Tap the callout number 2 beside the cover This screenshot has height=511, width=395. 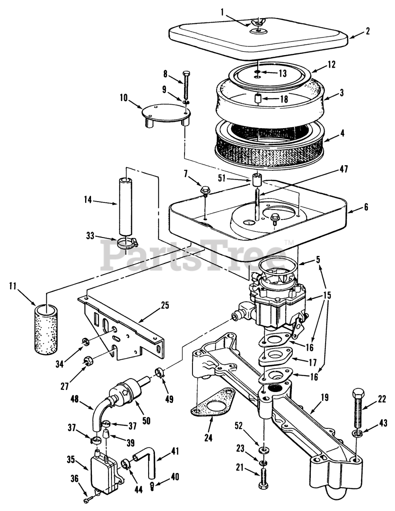(367, 31)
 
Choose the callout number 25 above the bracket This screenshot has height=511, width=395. (165, 305)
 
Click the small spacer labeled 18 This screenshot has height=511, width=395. (258, 98)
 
